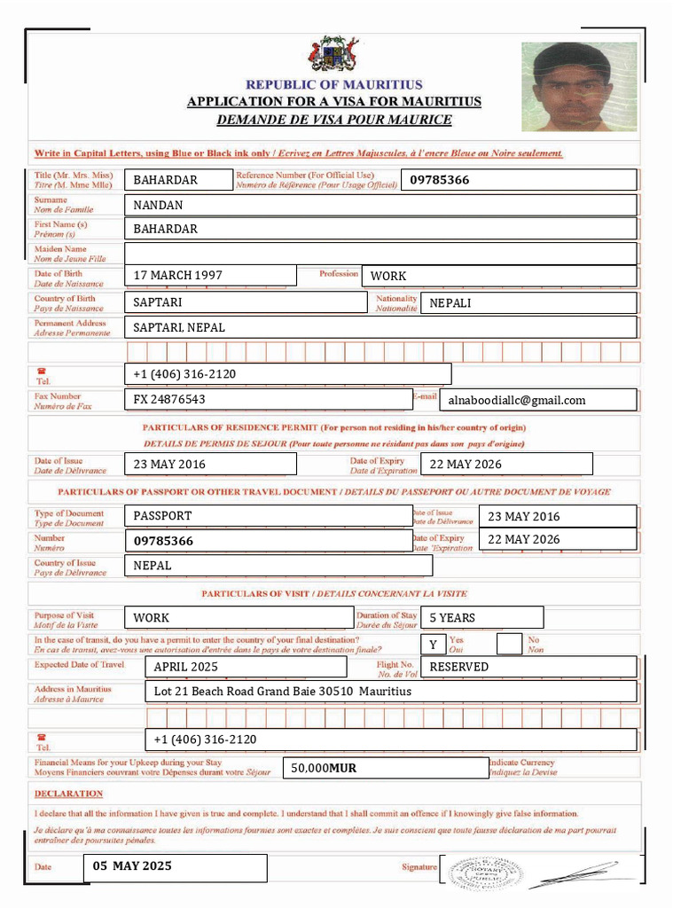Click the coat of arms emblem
333,55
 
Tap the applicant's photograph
579,87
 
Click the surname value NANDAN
159,206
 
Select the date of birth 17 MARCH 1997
178,276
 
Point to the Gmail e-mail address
517,401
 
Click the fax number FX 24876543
169,400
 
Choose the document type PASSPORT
163,516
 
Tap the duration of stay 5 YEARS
452,618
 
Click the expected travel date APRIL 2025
186,667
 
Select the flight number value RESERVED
459,667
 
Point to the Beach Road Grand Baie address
283,692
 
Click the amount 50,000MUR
325,769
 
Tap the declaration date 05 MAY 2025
132,866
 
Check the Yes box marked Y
433,645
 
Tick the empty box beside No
509,644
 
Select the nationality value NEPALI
450,303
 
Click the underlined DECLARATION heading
69,794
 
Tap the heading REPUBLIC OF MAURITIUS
334,85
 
